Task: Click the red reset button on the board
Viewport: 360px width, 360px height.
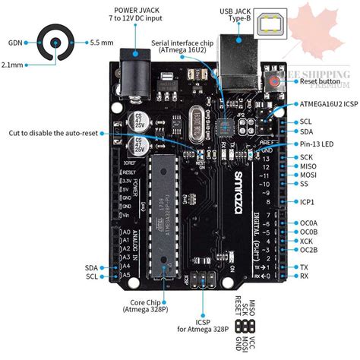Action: click(x=272, y=80)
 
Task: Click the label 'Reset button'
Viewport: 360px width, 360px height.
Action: click(x=318, y=81)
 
